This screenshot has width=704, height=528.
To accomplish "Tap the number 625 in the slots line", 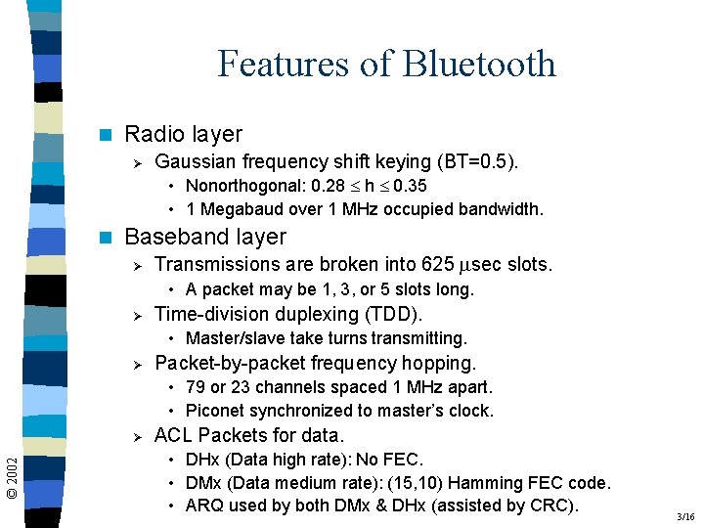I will [436, 264].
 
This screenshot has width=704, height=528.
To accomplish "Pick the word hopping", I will [439, 363].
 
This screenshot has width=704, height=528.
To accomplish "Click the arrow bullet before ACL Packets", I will [138, 436].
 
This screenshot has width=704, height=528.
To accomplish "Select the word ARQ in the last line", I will [203, 506].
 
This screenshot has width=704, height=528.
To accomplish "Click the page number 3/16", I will [684, 516].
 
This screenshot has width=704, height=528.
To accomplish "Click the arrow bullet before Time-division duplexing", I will [138, 315].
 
